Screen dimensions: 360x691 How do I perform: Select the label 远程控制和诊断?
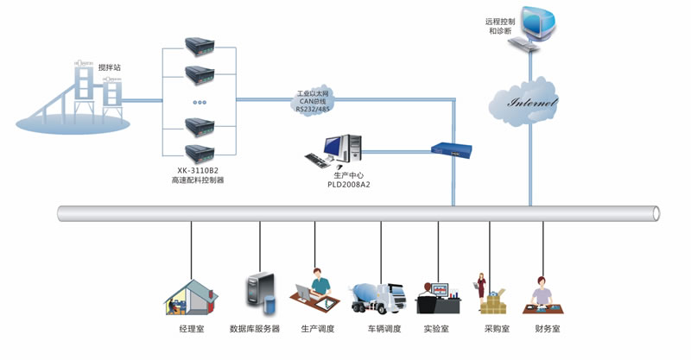tap(499, 26)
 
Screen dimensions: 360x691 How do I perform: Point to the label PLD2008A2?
tap(348, 185)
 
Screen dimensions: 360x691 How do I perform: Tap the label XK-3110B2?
tap(198, 171)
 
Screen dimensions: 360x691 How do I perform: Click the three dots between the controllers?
tap(200, 102)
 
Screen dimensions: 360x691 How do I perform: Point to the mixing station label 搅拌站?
tap(110, 67)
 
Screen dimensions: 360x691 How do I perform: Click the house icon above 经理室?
tap(190, 296)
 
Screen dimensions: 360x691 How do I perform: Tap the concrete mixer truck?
tap(378, 296)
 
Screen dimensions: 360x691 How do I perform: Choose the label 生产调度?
tap(317, 329)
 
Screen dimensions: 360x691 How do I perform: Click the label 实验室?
tap(437, 329)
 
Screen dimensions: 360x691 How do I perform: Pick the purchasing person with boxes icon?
tap(490, 294)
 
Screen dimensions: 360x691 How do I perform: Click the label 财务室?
tap(548, 329)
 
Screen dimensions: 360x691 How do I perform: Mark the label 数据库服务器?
tap(255, 329)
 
